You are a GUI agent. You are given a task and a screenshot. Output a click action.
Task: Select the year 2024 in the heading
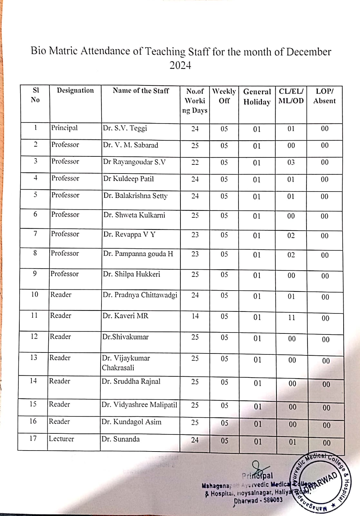point(180,65)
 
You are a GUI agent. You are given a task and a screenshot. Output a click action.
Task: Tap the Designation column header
point(75,91)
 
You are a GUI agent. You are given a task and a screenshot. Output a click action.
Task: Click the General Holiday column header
point(257,97)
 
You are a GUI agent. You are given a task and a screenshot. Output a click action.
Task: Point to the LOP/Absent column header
point(324,96)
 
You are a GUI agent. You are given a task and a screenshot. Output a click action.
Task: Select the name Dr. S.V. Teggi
point(125,128)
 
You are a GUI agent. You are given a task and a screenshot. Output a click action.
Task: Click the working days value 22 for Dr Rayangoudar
point(195,162)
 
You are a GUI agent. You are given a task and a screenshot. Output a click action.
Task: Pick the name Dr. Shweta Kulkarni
point(134,215)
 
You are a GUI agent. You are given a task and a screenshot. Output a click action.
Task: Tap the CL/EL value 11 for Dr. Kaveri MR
point(291,318)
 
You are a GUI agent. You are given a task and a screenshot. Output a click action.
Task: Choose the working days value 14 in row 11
point(195,316)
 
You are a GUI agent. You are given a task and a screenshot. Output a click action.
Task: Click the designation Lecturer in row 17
point(61,439)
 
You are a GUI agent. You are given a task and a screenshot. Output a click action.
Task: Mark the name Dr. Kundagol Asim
point(131,422)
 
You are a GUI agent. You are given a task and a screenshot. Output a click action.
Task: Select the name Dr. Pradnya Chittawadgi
point(140,295)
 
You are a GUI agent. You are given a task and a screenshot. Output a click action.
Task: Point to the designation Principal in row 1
point(64,128)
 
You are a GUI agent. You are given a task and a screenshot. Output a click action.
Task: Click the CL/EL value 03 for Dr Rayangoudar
point(291,162)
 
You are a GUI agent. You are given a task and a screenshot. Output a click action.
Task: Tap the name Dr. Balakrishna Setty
point(135,196)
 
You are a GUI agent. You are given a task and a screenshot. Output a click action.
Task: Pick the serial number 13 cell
point(34,358)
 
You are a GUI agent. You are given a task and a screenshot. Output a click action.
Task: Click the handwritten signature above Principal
point(258,467)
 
